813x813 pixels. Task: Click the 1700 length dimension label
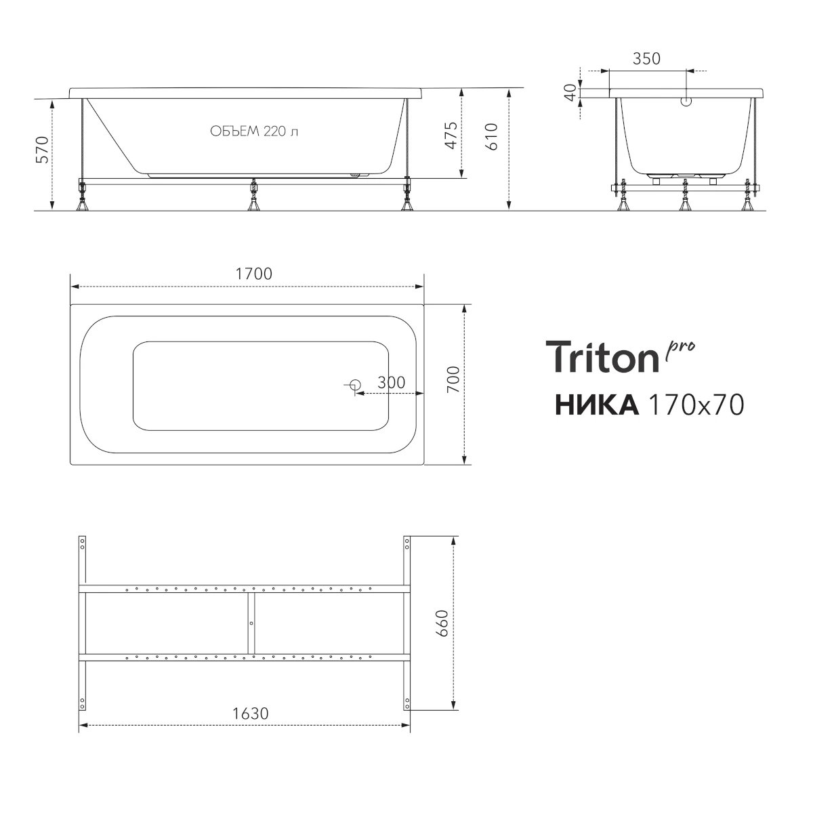(253, 274)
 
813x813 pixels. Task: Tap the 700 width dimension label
(453, 379)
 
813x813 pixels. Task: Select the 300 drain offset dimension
(391, 383)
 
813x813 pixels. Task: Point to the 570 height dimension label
(42, 150)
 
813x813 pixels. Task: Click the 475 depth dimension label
(451, 135)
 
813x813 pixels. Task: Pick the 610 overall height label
(491, 137)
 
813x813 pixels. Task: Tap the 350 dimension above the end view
(646, 59)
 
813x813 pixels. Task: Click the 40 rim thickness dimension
(570, 92)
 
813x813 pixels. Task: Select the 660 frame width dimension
(442, 623)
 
